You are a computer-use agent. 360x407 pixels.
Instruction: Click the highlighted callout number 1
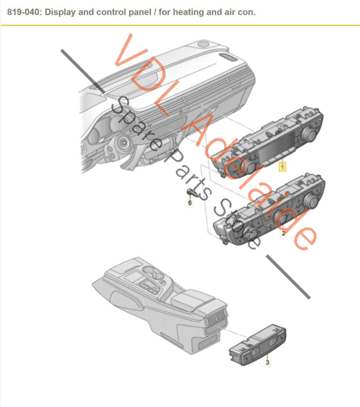283,166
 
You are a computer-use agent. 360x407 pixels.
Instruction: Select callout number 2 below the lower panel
283,233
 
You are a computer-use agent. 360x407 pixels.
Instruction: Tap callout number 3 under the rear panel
267,363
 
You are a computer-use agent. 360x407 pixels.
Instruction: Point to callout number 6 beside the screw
190,203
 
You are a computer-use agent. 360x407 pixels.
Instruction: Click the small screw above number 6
189,194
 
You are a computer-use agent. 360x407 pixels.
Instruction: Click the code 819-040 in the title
20,13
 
